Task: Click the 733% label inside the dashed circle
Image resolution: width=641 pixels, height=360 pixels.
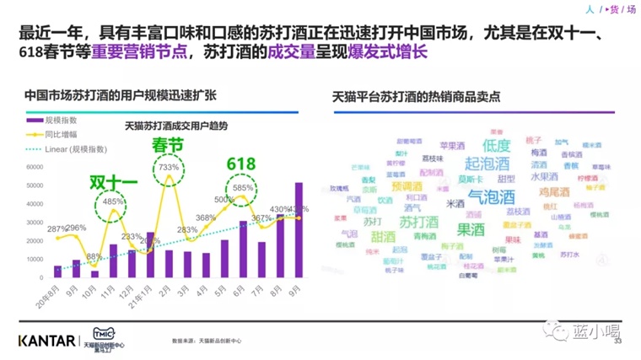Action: (x=163, y=168)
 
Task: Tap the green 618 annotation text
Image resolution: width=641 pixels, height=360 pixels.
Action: (x=240, y=164)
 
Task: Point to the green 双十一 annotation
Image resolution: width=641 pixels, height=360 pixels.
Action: (x=113, y=183)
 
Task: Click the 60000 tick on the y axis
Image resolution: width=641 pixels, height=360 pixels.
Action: (x=35, y=166)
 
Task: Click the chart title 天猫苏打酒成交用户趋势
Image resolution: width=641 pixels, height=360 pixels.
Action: (x=176, y=126)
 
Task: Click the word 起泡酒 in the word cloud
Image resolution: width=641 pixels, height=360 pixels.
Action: (x=487, y=164)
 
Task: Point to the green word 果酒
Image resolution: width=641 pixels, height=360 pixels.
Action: (x=470, y=228)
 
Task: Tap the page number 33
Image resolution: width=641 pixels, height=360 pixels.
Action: (x=617, y=342)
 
